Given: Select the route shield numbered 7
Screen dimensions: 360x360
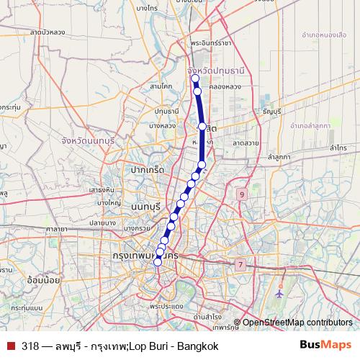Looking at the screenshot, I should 240,265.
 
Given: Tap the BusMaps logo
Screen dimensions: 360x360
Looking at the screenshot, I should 325,346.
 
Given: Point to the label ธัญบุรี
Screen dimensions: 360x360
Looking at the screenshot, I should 272,112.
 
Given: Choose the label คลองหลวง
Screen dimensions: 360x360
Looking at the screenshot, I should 225,86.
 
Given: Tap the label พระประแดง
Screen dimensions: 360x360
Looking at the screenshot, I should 164,306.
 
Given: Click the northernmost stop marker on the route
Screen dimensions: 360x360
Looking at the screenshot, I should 194,78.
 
